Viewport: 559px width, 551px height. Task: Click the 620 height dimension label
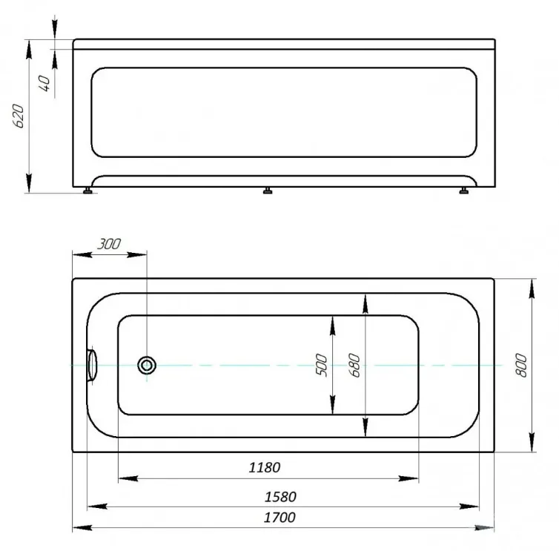pyautogui.click(x=19, y=116)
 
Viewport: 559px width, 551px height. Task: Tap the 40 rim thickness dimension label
pyautogui.click(x=44, y=83)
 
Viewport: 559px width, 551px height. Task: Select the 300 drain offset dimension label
pyautogui.click(x=109, y=244)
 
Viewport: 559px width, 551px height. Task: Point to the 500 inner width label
pyautogui.click(x=321, y=365)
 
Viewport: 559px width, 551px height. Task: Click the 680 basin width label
pyautogui.click(x=354, y=365)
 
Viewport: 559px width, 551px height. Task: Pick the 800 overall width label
pyautogui.click(x=521, y=365)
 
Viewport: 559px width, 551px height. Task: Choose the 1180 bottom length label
pyautogui.click(x=265, y=467)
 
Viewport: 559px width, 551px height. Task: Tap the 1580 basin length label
pyautogui.click(x=280, y=497)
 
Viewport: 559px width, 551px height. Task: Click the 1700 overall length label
pyautogui.click(x=279, y=517)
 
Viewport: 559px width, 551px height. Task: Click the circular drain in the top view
pyautogui.click(x=147, y=365)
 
